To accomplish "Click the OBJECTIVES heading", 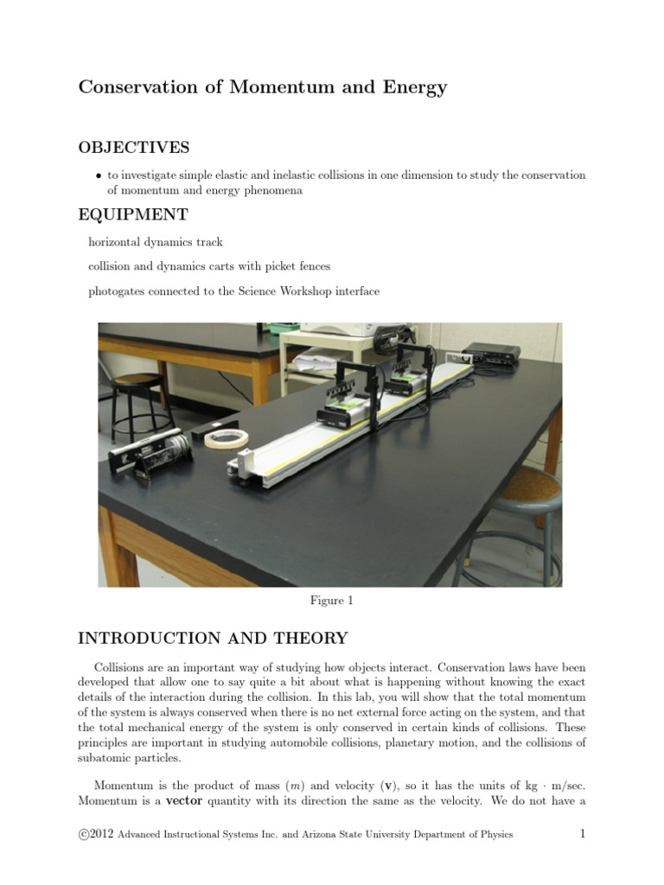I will [134, 148].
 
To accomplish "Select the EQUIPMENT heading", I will [133, 213].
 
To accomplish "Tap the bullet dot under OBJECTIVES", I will [99, 175].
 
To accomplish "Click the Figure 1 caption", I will [331, 601].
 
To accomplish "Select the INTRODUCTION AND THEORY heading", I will [213, 639].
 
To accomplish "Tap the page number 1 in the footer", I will [583, 834].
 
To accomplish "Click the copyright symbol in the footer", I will [84, 834].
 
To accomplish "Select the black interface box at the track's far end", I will [491, 352].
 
